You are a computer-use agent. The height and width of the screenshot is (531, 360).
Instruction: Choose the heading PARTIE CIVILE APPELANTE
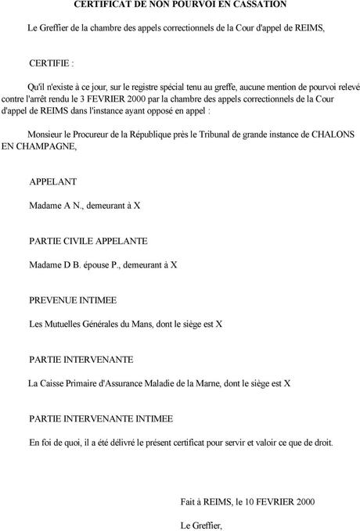(x=88, y=241)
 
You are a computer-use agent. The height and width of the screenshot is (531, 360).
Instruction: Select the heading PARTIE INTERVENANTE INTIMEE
(x=101, y=418)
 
